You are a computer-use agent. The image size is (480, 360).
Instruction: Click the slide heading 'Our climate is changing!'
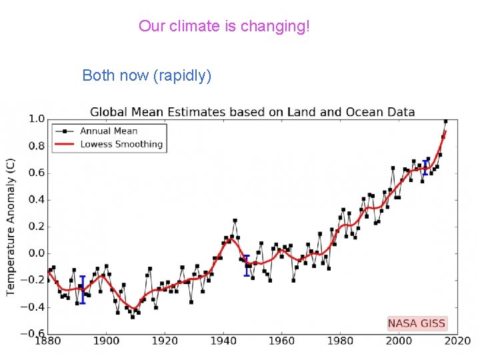[224, 27]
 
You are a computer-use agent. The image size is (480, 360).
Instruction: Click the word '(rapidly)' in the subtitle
[182, 75]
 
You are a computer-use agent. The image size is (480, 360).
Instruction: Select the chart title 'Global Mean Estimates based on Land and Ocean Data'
[252, 112]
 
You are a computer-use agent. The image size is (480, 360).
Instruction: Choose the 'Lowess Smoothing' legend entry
[121, 144]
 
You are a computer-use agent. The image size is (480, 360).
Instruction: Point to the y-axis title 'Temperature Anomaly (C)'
[11, 227]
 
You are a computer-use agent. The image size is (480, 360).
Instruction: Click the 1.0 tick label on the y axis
[36, 119]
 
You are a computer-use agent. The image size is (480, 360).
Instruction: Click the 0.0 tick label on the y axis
[36, 253]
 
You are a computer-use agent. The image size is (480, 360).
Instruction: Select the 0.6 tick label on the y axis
[36, 173]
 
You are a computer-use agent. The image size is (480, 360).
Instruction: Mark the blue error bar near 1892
[83, 290]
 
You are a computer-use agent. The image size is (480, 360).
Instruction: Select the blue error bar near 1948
[247, 265]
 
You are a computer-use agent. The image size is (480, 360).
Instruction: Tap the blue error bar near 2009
[425, 167]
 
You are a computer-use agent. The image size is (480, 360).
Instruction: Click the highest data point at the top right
[445, 121]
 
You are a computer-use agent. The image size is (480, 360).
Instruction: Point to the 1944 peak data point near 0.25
[235, 220]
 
